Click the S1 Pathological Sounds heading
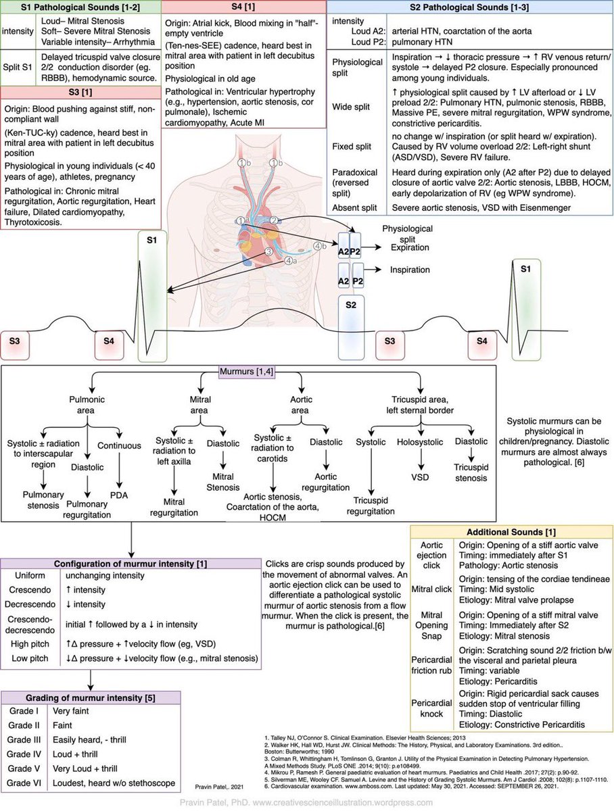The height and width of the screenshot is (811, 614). [x=80, y=6]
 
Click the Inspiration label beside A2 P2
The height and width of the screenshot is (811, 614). [x=409, y=270]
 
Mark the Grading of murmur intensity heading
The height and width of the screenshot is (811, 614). [x=90, y=696]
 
